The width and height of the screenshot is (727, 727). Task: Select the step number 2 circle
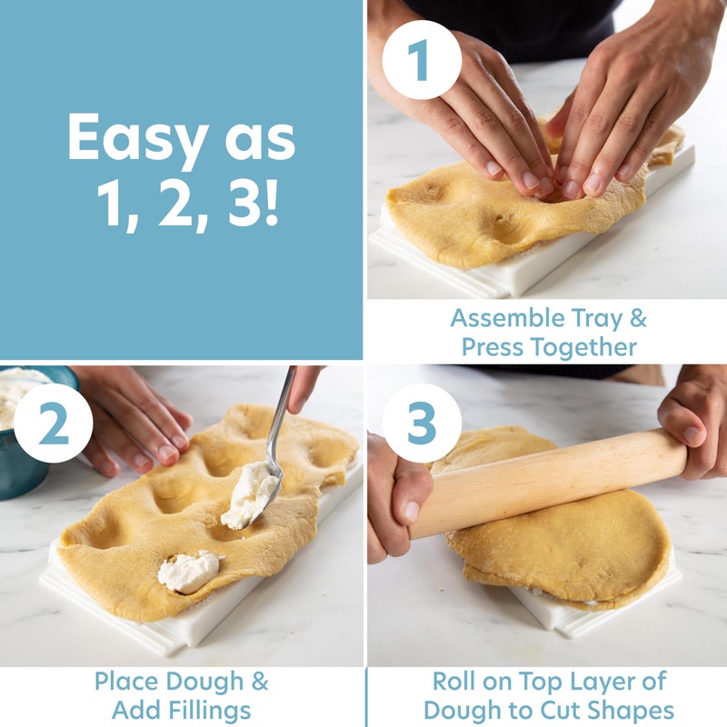[53, 423]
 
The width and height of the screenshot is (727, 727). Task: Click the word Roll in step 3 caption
[455, 682]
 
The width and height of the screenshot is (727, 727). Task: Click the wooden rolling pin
[545, 482]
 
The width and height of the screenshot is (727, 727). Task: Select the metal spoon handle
[282, 418]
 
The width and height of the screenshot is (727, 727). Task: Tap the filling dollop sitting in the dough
[188, 572]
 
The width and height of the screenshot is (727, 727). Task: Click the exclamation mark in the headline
[271, 206]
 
